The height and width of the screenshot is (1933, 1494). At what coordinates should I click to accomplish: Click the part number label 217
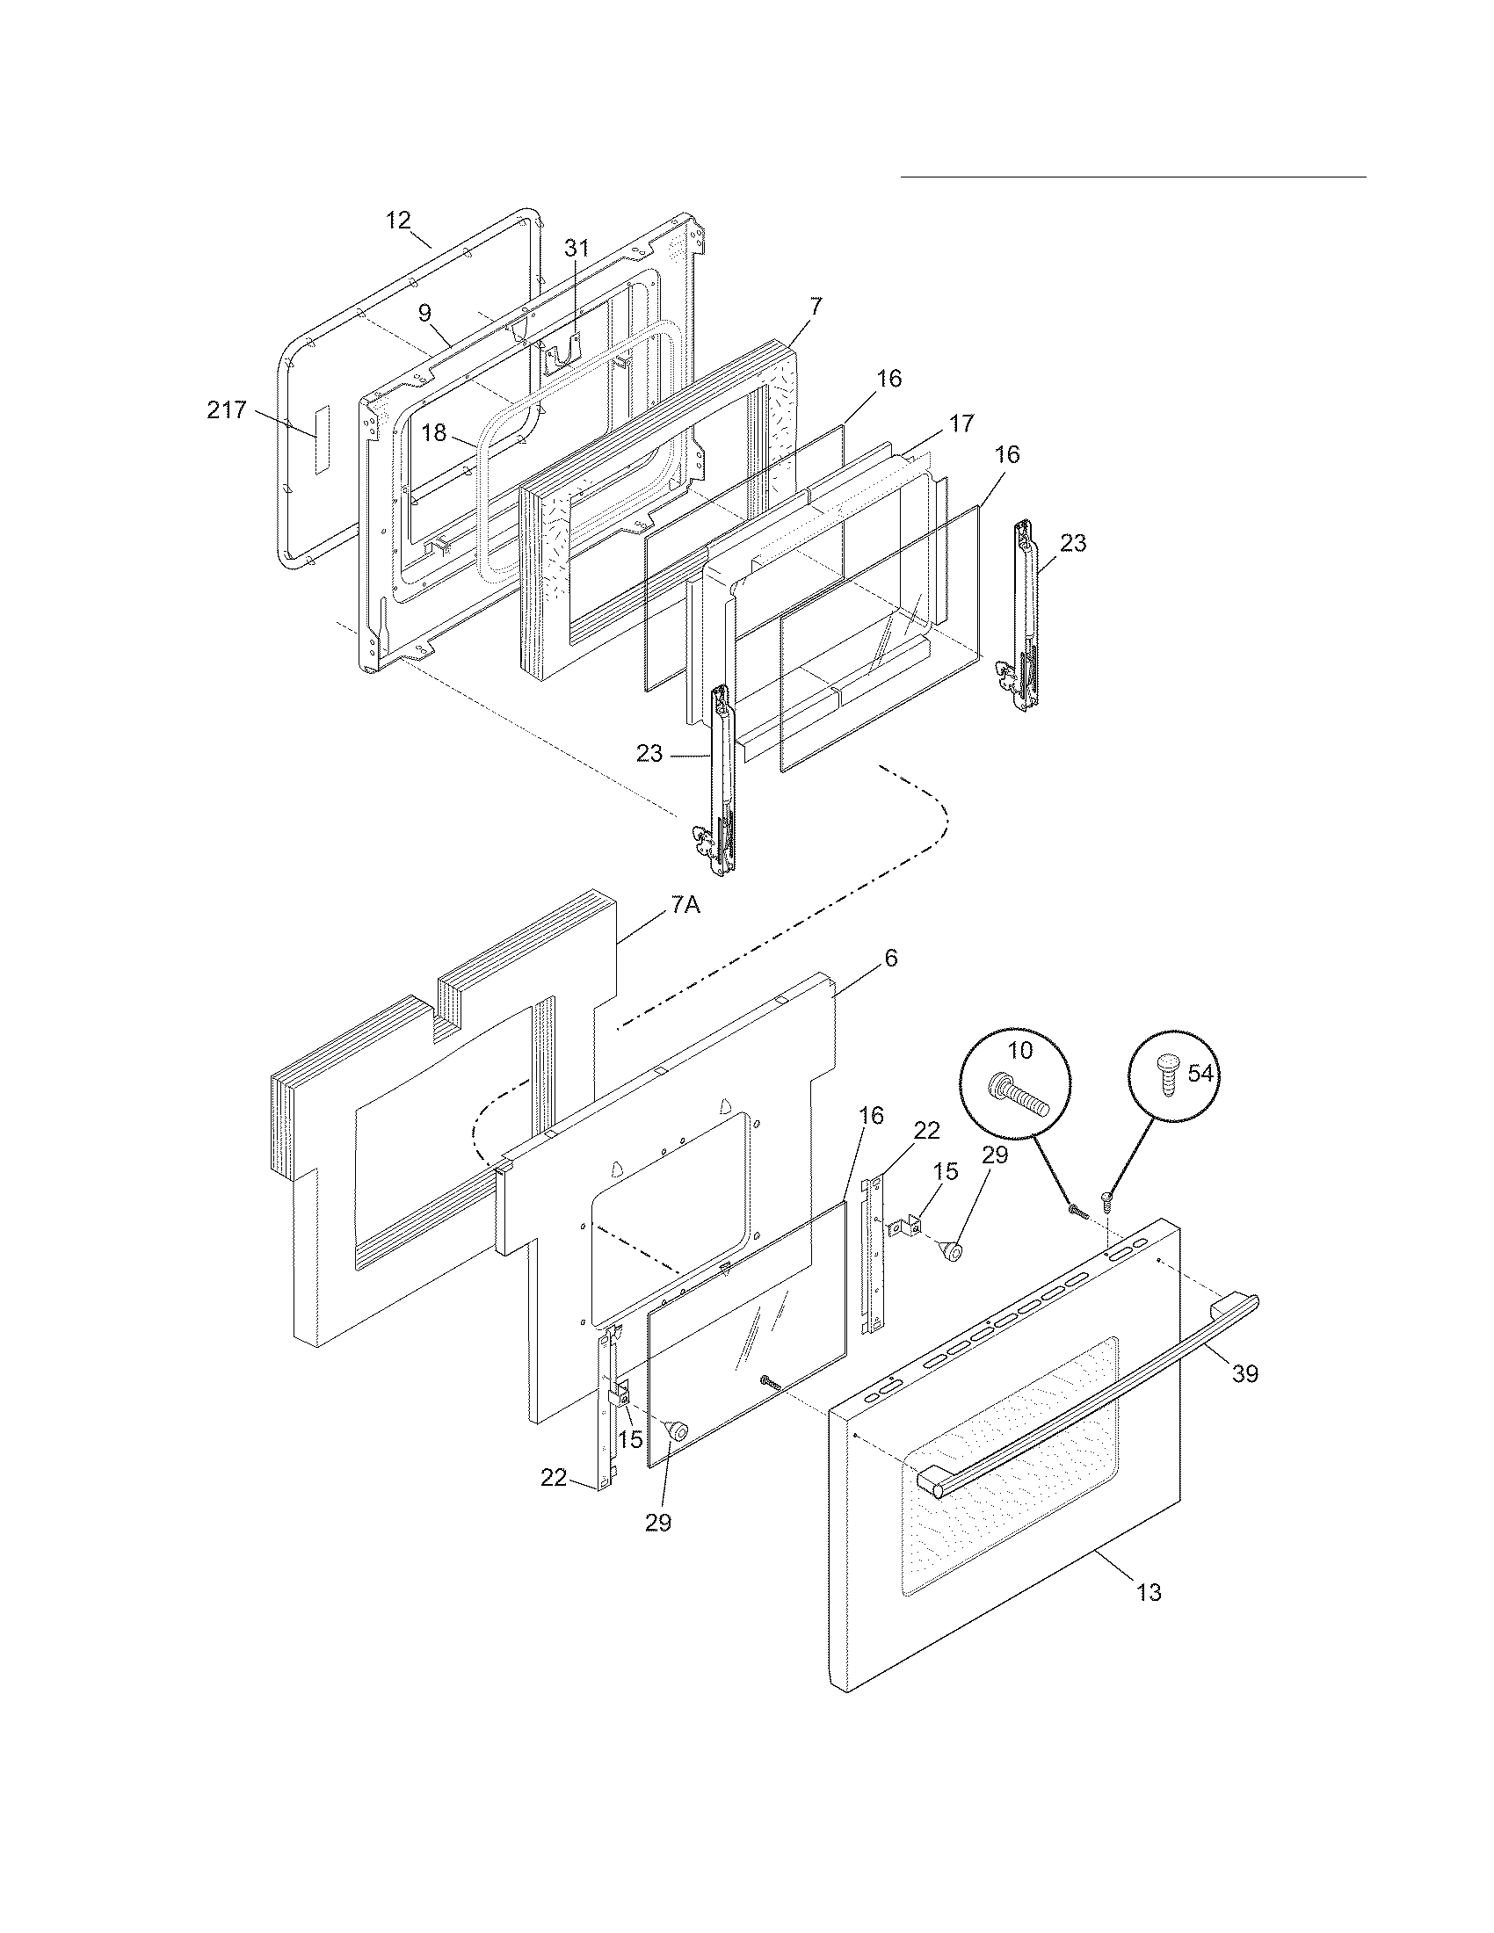(227, 410)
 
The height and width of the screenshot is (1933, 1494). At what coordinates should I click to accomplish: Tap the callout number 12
(399, 221)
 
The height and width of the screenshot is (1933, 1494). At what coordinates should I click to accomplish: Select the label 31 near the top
(577, 248)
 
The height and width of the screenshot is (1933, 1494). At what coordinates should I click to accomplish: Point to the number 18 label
(433, 434)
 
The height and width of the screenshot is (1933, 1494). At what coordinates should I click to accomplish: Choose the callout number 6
(890, 958)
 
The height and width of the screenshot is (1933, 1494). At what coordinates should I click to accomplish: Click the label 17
(961, 424)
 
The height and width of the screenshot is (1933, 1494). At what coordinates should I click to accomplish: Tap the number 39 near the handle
(1244, 1373)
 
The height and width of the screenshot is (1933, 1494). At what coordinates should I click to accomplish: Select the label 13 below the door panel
(1148, 1592)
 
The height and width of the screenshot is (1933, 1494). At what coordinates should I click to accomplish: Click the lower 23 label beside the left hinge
(649, 754)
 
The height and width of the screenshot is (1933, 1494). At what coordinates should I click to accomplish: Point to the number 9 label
(424, 312)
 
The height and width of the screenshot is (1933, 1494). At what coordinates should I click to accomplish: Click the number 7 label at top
(816, 307)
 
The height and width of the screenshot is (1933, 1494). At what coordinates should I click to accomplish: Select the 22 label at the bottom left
(554, 1477)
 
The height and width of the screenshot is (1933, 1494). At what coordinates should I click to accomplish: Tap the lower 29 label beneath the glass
(657, 1523)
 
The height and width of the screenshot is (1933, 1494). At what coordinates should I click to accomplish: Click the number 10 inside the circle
(1019, 1051)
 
